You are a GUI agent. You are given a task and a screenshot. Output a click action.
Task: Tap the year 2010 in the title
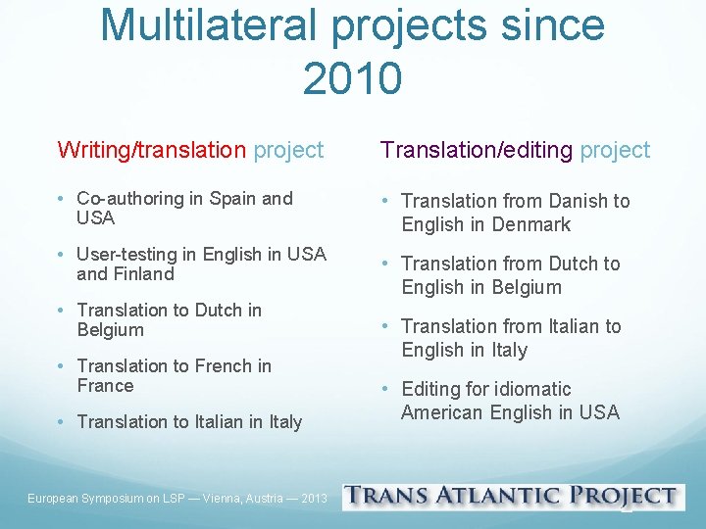(352, 77)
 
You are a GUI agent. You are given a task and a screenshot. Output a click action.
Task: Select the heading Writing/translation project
(190, 150)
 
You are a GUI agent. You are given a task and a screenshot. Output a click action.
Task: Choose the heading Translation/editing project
(515, 150)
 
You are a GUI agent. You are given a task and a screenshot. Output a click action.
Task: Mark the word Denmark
(529, 224)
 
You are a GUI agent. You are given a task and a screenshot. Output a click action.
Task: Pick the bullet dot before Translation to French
(61, 365)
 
